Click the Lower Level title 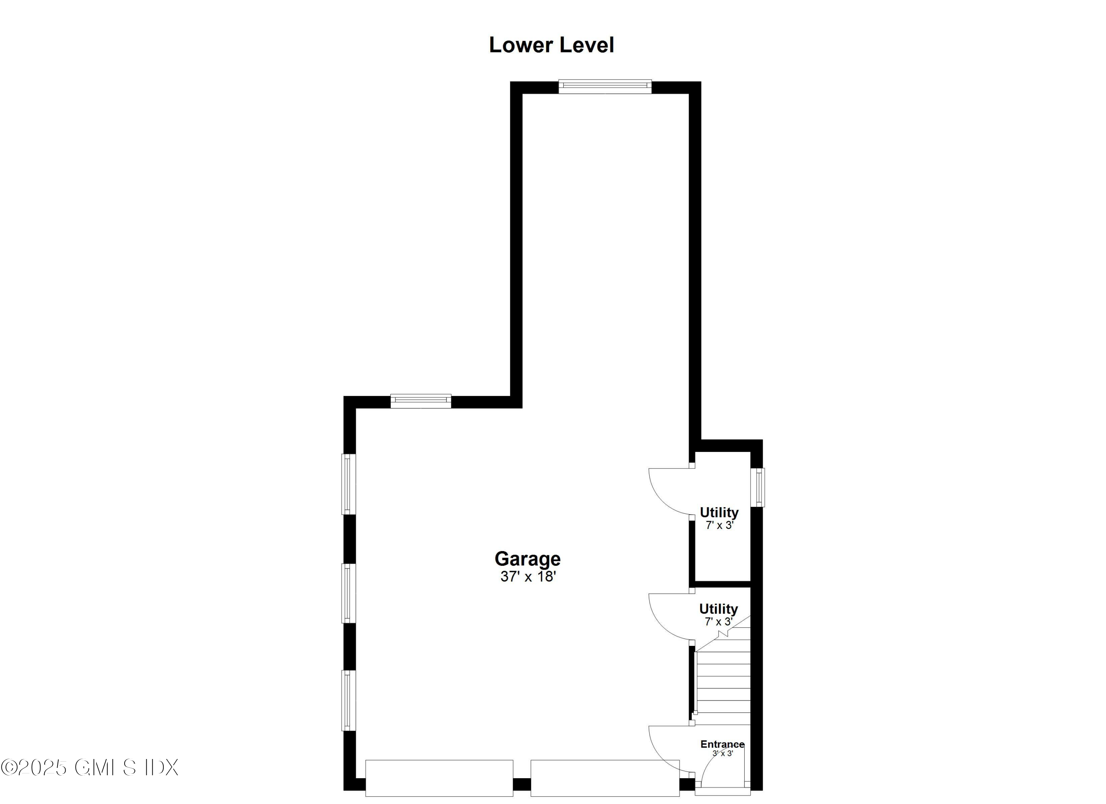coord(551,45)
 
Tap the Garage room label coord(528,559)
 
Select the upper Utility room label coord(719,512)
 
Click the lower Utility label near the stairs coord(718,609)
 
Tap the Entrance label coord(722,745)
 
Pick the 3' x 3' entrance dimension coord(723,753)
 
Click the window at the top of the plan coord(605,86)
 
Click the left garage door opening coord(439,778)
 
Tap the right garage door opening coord(605,778)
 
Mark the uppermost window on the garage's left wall coord(348,484)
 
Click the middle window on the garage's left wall coord(348,593)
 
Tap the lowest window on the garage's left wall coord(348,700)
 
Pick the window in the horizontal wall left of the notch coord(420,400)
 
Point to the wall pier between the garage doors coord(522,784)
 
